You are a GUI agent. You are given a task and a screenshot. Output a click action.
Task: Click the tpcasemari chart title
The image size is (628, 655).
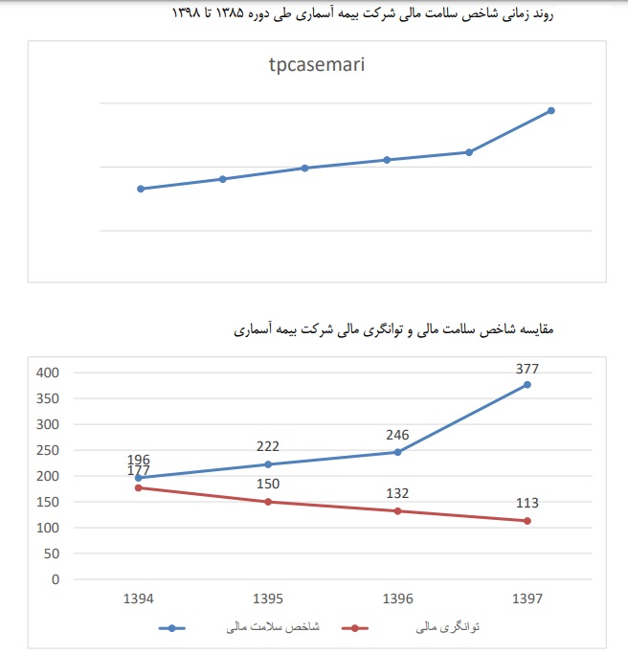(x=316, y=66)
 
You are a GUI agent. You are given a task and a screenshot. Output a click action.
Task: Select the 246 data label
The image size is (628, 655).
(x=397, y=434)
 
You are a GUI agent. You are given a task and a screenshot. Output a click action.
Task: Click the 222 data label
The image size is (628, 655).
(x=267, y=446)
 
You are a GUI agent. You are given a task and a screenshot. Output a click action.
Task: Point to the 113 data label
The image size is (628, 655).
(x=527, y=502)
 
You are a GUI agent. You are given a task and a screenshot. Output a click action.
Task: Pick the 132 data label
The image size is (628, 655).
(x=397, y=493)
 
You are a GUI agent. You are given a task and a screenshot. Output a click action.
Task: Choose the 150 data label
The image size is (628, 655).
(x=267, y=484)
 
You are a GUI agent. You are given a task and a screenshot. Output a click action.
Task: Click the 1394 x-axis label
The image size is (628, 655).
(x=138, y=599)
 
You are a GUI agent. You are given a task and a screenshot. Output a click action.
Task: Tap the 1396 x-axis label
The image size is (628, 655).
(x=397, y=599)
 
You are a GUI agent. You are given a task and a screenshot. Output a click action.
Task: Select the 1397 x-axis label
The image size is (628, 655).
(x=527, y=599)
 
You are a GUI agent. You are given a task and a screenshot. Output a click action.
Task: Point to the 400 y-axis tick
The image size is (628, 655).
(x=48, y=373)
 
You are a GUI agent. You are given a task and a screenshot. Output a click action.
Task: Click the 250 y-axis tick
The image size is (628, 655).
(x=48, y=450)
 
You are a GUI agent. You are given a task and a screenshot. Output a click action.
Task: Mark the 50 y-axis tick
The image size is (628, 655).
(x=52, y=553)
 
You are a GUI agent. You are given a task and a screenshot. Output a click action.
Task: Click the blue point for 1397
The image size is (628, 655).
(x=527, y=385)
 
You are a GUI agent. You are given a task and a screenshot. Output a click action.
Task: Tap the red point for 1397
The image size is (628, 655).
(x=527, y=521)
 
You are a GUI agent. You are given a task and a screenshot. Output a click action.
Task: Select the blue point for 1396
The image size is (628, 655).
(x=397, y=452)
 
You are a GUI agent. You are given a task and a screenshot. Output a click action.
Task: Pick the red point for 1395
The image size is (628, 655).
(x=268, y=502)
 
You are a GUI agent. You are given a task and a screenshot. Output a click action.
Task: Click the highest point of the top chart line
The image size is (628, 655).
(x=551, y=111)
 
